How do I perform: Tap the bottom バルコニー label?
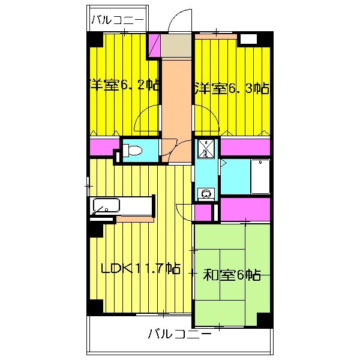click(179, 334)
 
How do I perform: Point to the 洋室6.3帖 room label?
click(232, 89)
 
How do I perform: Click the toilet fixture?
click(134, 151)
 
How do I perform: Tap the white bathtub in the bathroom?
click(260, 177)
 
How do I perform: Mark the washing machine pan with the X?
click(206, 147)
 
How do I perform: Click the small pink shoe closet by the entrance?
click(154, 46)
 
